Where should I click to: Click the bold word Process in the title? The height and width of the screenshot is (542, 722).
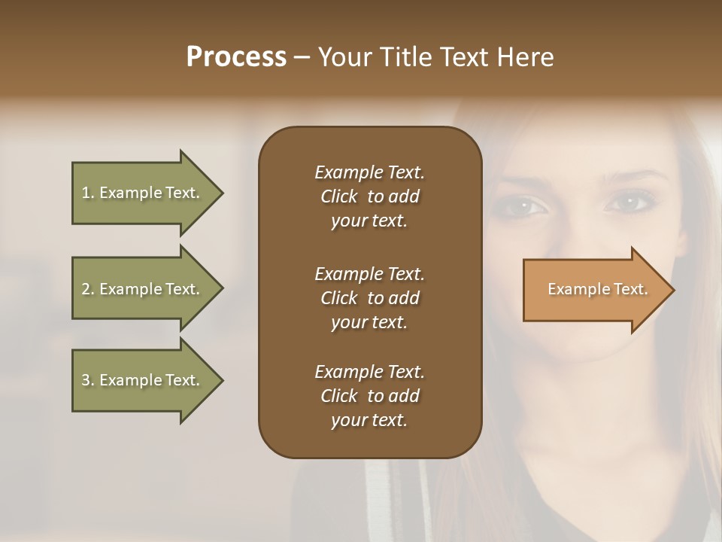pos(236,57)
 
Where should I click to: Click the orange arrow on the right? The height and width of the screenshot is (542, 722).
pos(594,290)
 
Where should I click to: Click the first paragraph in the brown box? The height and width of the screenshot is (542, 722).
pos(369,196)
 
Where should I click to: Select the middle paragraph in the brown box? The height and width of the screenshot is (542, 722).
pos(369,297)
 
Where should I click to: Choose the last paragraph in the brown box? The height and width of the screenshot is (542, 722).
pos(369,396)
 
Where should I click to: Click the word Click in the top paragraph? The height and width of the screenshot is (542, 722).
pos(338,196)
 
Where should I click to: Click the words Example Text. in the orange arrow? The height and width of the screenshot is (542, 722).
pos(597,289)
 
